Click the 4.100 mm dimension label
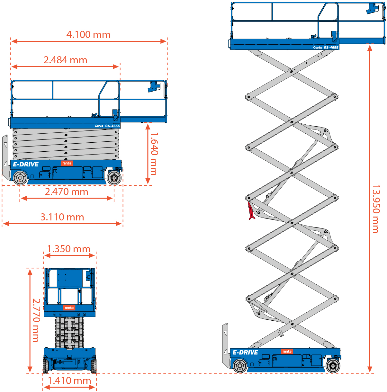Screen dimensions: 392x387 [88, 35]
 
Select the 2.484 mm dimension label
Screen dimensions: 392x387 [65, 60]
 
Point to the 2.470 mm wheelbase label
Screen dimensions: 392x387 [67, 192]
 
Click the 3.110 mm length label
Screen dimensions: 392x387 [62, 217]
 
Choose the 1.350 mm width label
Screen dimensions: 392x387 [69, 249]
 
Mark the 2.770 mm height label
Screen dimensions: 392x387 [36, 320]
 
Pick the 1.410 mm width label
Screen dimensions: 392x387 [69, 381]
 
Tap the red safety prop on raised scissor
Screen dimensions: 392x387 [251, 211]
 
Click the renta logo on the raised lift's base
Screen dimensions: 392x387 [287, 352]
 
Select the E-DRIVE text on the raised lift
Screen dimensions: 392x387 [245, 352]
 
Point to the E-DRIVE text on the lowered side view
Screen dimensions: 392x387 [26, 165]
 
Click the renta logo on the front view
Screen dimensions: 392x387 [69, 308]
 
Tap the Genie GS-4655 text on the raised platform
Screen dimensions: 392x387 [326, 48]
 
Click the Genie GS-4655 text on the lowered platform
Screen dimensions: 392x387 [107, 126]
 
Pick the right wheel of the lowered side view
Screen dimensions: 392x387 [114, 177]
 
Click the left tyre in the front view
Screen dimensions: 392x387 [46, 366]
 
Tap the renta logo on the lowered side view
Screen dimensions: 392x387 [67, 163]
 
